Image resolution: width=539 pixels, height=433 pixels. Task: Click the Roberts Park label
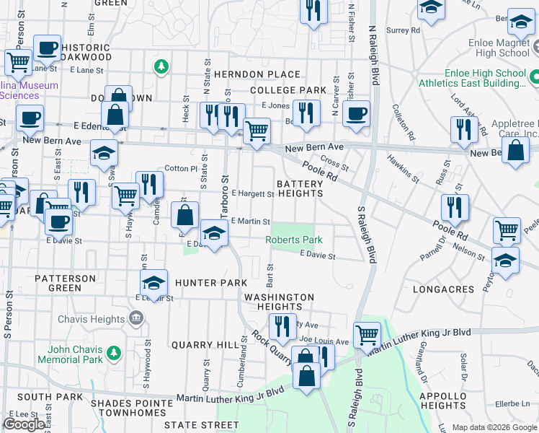294,240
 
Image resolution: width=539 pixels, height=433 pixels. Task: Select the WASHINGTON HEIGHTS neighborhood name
279,302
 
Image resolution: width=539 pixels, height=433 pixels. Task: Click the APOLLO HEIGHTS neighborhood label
443,401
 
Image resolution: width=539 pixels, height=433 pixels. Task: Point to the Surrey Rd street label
403,30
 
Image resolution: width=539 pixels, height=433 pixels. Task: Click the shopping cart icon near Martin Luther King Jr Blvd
367,333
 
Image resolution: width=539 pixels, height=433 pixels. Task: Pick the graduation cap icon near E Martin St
214,232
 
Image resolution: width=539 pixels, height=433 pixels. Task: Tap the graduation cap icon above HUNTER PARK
154,282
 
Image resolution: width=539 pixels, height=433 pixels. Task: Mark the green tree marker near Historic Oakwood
162,67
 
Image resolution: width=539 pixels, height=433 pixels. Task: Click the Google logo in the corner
24,424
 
